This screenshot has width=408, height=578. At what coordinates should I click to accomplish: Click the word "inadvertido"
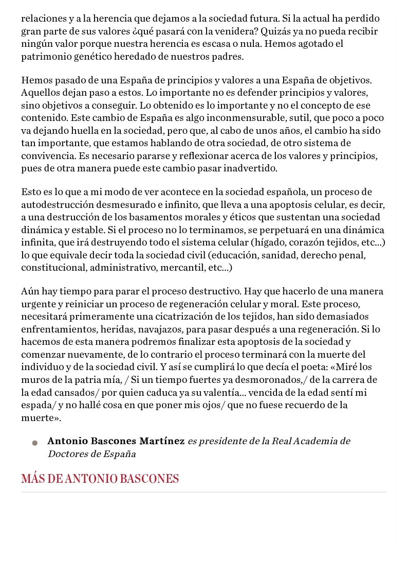click(x=246, y=168)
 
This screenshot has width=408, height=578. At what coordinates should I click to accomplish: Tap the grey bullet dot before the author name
click(x=34, y=443)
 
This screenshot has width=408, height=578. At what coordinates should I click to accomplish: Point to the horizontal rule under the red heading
click(x=203, y=492)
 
